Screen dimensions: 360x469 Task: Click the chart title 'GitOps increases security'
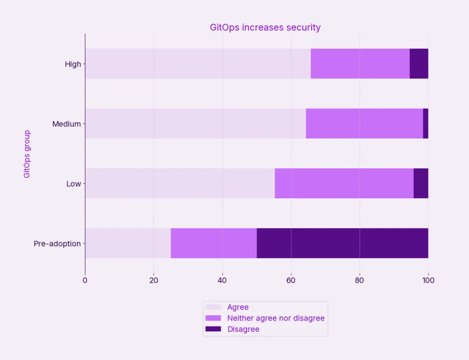(x=265, y=27)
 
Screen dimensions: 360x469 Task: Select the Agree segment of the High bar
(x=198, y=63)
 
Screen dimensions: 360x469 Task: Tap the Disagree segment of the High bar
(x=419, y=63)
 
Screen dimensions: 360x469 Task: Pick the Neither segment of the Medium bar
(x=364, y=124)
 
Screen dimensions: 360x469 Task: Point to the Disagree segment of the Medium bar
(x=425, y=124)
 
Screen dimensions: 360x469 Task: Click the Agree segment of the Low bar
(x=180, y=183)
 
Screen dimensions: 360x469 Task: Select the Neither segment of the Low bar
(x=344, y=183)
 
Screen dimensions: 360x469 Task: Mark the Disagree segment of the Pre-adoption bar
(x=342, y=243)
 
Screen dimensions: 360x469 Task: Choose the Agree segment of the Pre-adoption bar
(x=128, y=243)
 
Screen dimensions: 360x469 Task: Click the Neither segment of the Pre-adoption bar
(x=214, y=243)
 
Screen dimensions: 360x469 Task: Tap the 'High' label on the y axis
(x=73, y=64)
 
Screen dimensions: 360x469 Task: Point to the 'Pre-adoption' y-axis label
(x=57, y=243)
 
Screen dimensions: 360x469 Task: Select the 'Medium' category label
(x=66, y=124)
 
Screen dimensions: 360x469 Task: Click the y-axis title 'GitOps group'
(x=27, y=154)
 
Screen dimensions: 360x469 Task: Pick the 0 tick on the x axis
(x=85, y=280)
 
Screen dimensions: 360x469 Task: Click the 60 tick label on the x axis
(x=291, y=280)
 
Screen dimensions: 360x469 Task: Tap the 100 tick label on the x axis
(x=428, y=280)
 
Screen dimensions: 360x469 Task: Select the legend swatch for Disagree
(x=213, y=329)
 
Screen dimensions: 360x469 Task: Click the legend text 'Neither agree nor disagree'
(x=276, y=318)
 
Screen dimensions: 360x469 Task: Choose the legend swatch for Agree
(x=213, y=307)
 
